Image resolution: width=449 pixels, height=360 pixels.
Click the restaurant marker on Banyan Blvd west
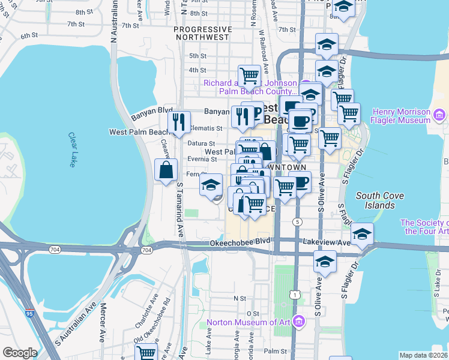click(179, 122)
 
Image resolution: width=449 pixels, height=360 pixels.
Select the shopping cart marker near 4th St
click(249, 75)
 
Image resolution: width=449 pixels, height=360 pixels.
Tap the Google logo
click(19, 353)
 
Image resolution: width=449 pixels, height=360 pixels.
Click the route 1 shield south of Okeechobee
click(294, 294)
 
